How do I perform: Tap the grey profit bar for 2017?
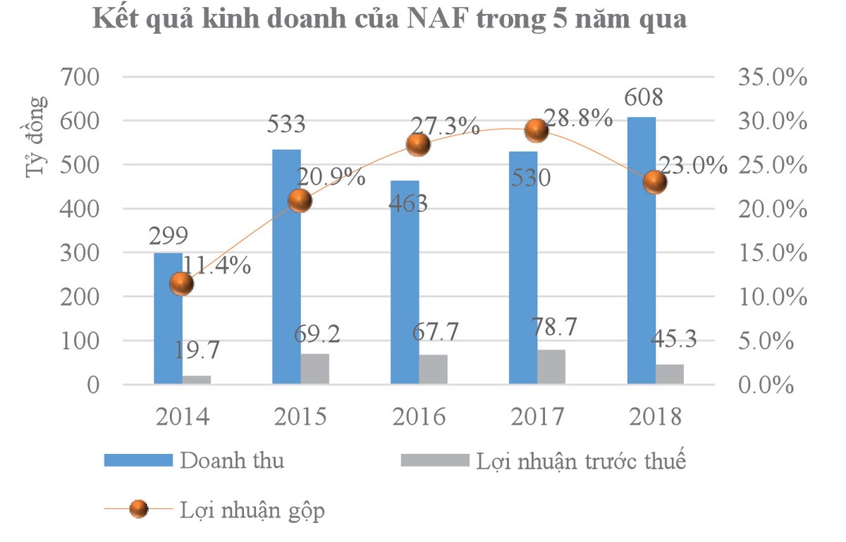pos(551,367)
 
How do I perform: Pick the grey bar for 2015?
pos(314,369)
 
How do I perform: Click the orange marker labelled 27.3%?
pos(418,144)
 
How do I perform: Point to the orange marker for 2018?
pos(655,183)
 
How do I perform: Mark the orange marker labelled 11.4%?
pos(181,284)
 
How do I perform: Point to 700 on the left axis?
pos(82,77)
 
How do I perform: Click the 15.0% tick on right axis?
pos(772,253)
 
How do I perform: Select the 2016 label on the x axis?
pos(419,417)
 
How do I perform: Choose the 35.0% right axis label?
pos(772,77)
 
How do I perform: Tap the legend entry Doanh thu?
pos(232,461)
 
